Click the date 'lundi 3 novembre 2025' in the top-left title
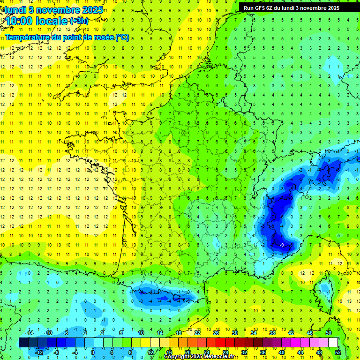tap(49, 10)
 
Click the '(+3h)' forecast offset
tap(78, 21)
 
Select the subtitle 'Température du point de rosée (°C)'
tap(67, 37)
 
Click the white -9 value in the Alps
tap(281, 245)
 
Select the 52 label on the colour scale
tap(338, 352)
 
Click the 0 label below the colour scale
tap(93, 352)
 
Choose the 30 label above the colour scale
tap(234, 333)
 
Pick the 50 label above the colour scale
tap(329, 333)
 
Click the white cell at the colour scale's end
tap(333, 342)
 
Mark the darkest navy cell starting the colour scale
tap(23, 342)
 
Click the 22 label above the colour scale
tap(197, 333)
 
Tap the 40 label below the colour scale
tap(281, 352)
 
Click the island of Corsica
tap(323, 293)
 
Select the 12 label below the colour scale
tap(150, 352)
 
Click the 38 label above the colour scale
tap(272, 333)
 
